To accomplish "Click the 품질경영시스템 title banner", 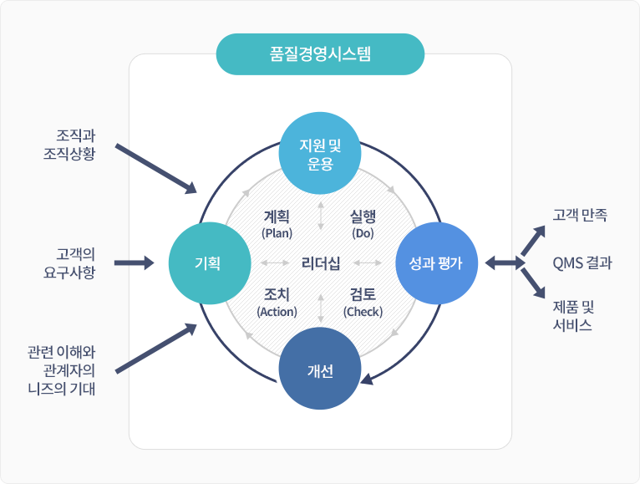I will click(321, 55).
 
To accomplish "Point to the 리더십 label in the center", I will click(321, 263).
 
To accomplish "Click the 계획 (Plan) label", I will click(277, 223).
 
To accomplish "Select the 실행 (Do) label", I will click(363, 223).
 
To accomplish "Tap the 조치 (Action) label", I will click(277, 303).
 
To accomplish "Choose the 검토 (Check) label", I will click(363, 303).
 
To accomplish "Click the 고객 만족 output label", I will click(580, 215).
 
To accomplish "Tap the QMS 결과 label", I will click(582, 263).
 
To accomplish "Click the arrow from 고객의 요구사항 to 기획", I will click(134, 263).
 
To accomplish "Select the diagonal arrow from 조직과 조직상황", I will click(156, 168).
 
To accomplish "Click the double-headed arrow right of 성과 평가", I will click(504, 263).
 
